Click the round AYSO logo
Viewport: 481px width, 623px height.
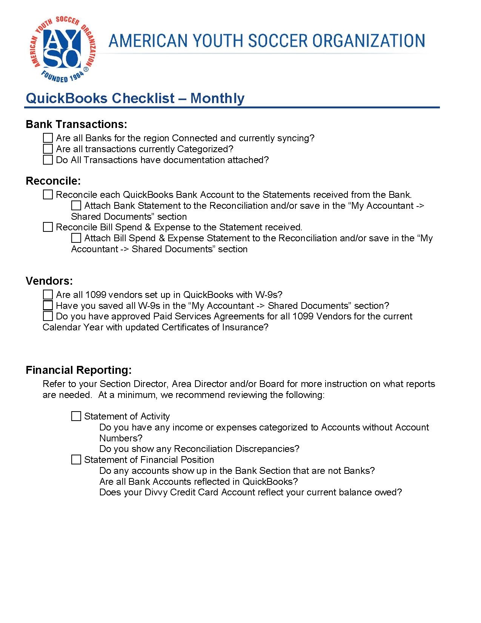[x=62, y=49]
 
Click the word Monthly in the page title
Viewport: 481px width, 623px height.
[x=217, y=98]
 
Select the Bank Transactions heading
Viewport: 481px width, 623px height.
[x=76, y=124]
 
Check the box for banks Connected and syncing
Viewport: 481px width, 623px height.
[x=48, y=138]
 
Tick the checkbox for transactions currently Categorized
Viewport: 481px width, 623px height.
[x=48, y=149]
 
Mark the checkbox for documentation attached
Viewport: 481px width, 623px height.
[x=48, y=160]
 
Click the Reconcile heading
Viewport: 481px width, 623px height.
[x=53, y=181]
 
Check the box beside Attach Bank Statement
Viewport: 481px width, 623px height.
[x=76, y=205]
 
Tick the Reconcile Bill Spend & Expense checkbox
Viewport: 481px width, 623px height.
[x=48, y=227]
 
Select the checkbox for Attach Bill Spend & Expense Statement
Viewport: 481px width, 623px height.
[x=76, y=238]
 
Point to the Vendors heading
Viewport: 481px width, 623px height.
[x=49, y=281]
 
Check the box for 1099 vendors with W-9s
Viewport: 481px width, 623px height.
[x=48, y=295]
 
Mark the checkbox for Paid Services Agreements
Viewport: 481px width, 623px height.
[x=48, y=316]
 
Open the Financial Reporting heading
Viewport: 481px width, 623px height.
[x=78, y=370]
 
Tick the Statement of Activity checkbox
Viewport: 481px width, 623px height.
[x=76, y=416]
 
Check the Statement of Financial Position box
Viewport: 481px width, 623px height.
[x=76, y=460]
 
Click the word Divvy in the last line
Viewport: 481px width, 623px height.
[x=156, y=492]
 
